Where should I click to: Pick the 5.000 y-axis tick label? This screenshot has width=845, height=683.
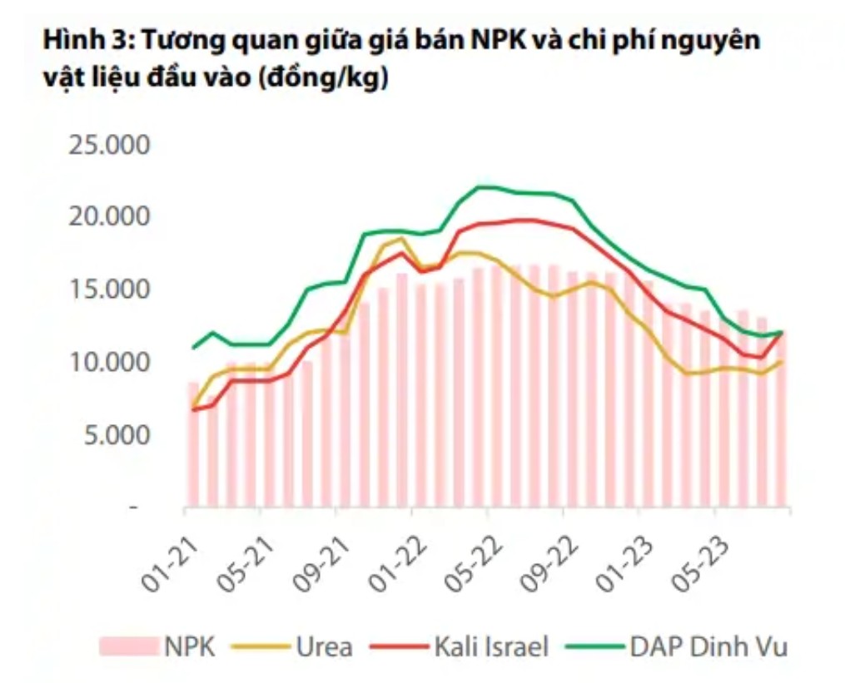114,435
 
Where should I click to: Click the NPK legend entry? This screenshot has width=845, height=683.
158,646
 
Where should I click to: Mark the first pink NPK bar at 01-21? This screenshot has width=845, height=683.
194,445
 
